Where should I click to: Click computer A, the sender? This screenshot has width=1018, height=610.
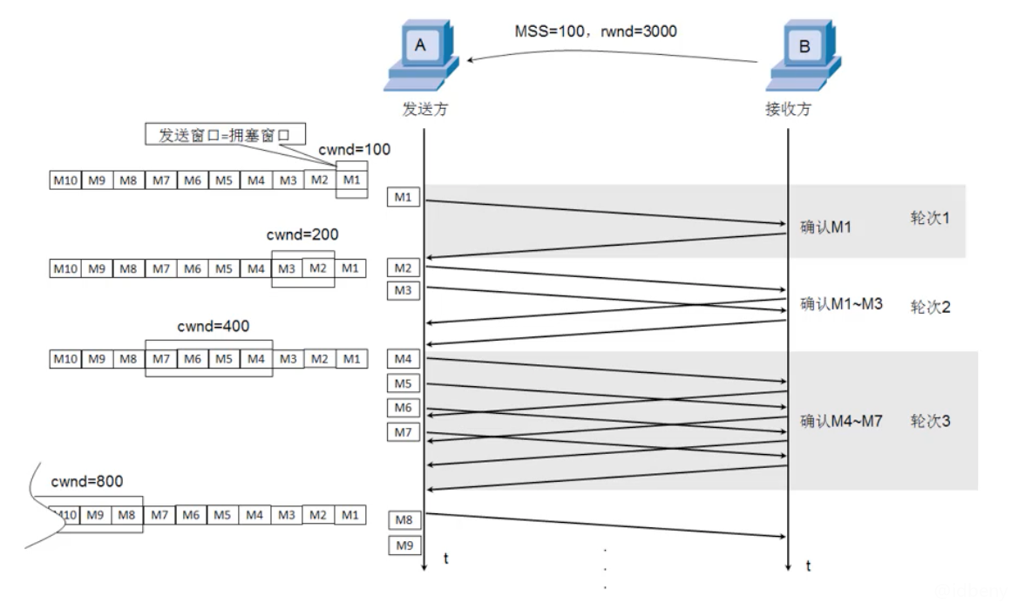pos(422,58)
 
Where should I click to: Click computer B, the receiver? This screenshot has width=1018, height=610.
pos(803,58)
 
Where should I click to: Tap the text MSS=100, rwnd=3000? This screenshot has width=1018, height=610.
pos(595,31)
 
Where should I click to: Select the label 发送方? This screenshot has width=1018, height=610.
pos(424,110)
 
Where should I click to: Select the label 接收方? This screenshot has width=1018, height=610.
pos(788,110)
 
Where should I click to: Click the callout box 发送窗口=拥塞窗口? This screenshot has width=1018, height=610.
pos(225,134)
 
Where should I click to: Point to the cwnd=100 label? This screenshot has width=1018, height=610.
pos(354,150)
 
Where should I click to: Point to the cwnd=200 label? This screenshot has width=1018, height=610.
pos(302,234)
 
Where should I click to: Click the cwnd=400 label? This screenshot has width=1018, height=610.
pos(213,327)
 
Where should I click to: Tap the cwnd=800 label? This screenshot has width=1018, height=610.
pos(87,481)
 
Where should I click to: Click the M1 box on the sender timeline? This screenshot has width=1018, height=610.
pos(403,198)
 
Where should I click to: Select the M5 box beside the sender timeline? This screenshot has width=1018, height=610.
pos(403,383)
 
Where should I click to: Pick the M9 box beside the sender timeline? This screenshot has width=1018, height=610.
pos(403,546)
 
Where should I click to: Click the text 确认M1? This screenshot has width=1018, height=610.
pos(825,227)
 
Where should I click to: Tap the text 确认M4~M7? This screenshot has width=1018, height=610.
pos(841,422)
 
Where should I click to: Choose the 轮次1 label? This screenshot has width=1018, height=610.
pos(930,218)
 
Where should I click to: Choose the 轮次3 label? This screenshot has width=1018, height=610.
pos(930,422)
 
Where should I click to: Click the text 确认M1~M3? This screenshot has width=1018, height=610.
pos(841,304)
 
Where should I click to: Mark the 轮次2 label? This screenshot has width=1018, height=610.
pos(930,307)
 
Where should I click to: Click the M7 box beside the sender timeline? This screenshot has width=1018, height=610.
pos(403,432)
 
